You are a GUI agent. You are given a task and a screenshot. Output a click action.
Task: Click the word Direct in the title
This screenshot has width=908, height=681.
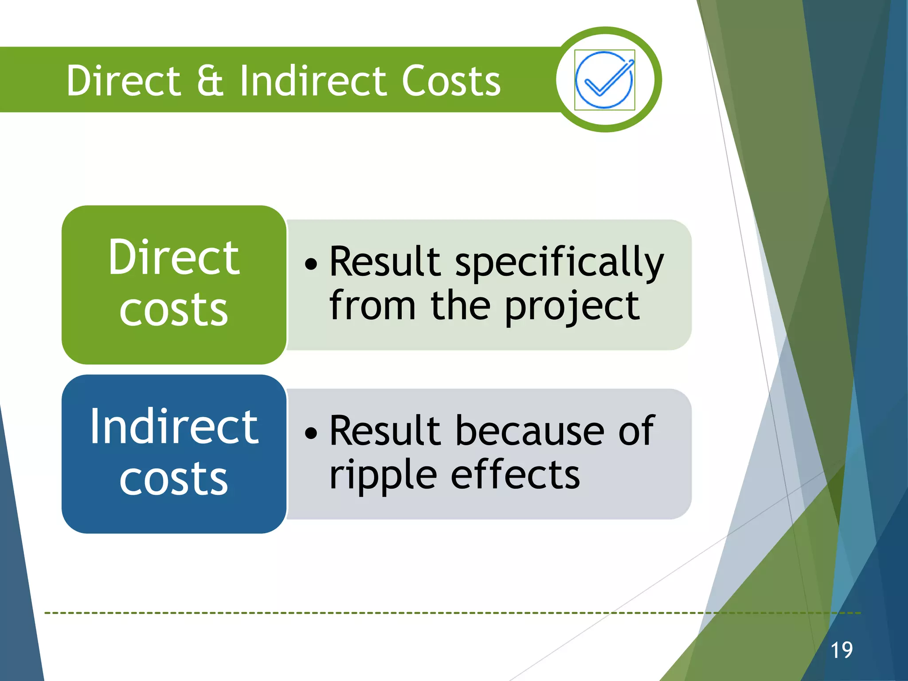tap(123, 81)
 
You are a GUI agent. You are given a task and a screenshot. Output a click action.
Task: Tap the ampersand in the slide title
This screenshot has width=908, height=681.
tap(210, 81)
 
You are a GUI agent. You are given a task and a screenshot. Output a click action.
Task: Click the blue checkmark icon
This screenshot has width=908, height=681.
tap(604, 80)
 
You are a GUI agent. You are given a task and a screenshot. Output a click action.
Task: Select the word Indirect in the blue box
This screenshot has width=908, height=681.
tap(174, 427)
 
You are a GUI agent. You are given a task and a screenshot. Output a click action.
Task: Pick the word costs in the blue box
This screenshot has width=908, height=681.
tap(174, 478)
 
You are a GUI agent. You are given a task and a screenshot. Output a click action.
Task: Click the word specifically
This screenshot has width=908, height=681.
tap(560, 263)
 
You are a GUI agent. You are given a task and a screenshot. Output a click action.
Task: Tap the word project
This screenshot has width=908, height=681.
tap(572, 307)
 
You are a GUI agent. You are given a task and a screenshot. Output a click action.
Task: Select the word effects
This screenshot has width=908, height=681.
tap(515, 474)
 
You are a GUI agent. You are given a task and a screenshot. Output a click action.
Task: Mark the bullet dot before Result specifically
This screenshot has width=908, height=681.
tap(311, 264)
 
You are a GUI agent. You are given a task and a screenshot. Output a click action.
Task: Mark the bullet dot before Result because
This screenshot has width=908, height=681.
tap(311, 433)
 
